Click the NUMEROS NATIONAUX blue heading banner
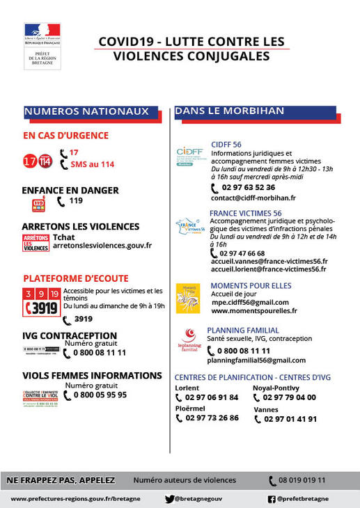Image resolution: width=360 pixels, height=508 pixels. (x=86, y=111)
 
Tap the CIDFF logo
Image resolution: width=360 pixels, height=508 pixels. (x=189, y=154)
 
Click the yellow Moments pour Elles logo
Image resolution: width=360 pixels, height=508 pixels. (x=188, y=298)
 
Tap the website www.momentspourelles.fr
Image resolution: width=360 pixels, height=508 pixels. (x=253, y=311)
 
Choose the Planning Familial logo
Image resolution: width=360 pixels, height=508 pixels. (x=190, y=340)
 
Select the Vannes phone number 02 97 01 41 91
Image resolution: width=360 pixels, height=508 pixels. (x=290, y=419)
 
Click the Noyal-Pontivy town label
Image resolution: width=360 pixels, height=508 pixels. (x=276, y=388)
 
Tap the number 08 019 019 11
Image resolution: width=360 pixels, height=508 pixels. (x=302, y=480)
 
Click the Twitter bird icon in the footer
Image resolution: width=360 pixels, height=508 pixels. (x=169, y=499)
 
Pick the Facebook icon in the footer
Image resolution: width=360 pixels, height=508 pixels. (x=272, y=499)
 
